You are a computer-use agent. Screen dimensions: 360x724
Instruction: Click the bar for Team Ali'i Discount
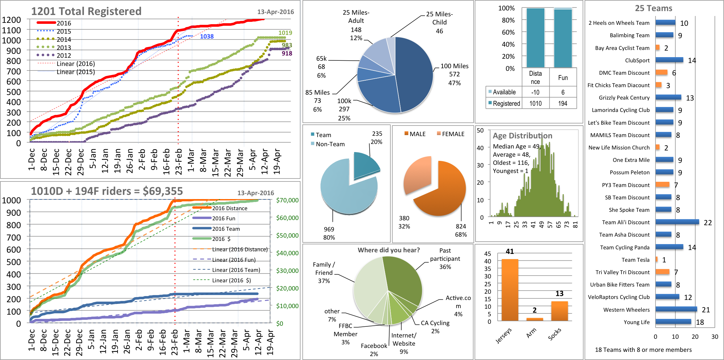tap(677, 222)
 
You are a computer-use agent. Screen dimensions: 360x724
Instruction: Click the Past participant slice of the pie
tap(403, 277)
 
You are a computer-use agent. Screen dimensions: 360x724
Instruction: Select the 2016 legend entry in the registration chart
tap(64, 23)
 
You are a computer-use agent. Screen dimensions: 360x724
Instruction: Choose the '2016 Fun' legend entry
tap(223, 218)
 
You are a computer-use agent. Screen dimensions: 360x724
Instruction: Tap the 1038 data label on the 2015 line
tap(207, 37)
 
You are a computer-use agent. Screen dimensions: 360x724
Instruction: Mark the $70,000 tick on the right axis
tap(287, 200)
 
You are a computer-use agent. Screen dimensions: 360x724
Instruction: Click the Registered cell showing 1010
tap(535, 103)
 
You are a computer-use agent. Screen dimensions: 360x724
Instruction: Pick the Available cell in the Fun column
tap(563, 92)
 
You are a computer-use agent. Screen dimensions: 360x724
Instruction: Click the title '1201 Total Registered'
tap(86, 11)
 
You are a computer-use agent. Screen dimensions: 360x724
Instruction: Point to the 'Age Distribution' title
tap(523, 136)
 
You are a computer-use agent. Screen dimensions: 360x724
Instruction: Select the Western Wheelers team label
tap(626, 310)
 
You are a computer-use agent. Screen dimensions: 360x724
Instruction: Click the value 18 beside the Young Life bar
tap(700, 322)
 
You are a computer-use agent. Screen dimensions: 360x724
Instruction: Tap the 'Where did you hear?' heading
tap(389, 250)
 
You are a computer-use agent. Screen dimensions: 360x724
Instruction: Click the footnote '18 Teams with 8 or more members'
tap(643, 350)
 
